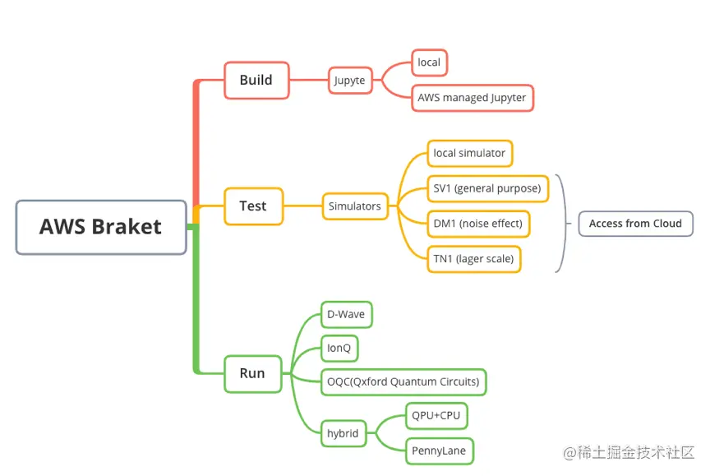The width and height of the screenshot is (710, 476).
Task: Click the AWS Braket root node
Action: click(101, 227)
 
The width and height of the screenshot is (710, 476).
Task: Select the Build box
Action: click(256, 81)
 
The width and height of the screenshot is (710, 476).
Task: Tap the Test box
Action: click(253, 206)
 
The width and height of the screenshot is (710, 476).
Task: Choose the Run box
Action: click(252, 373)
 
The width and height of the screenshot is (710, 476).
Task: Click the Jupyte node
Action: click(350, 81)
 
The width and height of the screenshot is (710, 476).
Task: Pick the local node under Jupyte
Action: click(429, 62)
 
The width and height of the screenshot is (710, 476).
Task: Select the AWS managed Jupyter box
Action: click(472, 98)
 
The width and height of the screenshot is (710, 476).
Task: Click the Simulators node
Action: click(355, 206)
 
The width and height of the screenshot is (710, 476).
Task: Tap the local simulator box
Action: click(469, 153)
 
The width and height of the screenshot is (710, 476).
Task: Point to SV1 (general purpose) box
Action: click(487, 188)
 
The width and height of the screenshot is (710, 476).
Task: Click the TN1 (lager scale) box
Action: click(473, 259)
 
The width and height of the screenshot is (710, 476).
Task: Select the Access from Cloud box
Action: click(635, 224)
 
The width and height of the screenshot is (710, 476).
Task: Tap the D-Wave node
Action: click(346, 314)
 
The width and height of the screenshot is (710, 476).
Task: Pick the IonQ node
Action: click(339, 348)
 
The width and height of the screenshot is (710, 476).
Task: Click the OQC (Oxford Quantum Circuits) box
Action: click(403, 381)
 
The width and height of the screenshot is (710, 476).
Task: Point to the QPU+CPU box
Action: click(436, 416)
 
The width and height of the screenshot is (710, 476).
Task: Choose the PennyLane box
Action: click(440, 451)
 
